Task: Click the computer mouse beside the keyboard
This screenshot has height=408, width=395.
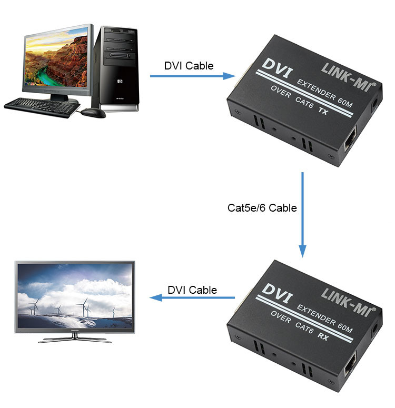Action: point(93,113)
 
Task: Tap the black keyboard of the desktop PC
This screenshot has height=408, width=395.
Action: point(42,107)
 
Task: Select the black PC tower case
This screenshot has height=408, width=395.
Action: point(116,68)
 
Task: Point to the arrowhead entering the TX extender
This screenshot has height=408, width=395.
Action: point(229,76)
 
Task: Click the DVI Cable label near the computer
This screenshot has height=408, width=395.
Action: point(189,66)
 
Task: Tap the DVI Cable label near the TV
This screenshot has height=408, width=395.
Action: point(192,290)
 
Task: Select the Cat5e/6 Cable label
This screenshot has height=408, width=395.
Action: point(262,207)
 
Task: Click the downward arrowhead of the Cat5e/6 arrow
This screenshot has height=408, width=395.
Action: point(302,251)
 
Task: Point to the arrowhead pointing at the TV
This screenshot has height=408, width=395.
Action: point(156,297)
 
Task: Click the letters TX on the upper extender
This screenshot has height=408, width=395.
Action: point(323,111)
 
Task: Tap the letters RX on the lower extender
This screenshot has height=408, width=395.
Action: point(323,336)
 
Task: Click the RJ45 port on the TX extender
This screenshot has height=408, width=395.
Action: point(350,140)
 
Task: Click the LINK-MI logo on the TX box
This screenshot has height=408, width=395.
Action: point(349,77)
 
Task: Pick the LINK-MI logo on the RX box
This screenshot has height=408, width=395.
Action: point(349,302)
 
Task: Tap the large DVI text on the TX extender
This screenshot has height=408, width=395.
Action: point(277,68)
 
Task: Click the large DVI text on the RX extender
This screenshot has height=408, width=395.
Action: point(277,293)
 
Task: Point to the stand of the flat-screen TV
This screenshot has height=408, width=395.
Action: point(75,338)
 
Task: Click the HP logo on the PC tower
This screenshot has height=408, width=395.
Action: point(120,81)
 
